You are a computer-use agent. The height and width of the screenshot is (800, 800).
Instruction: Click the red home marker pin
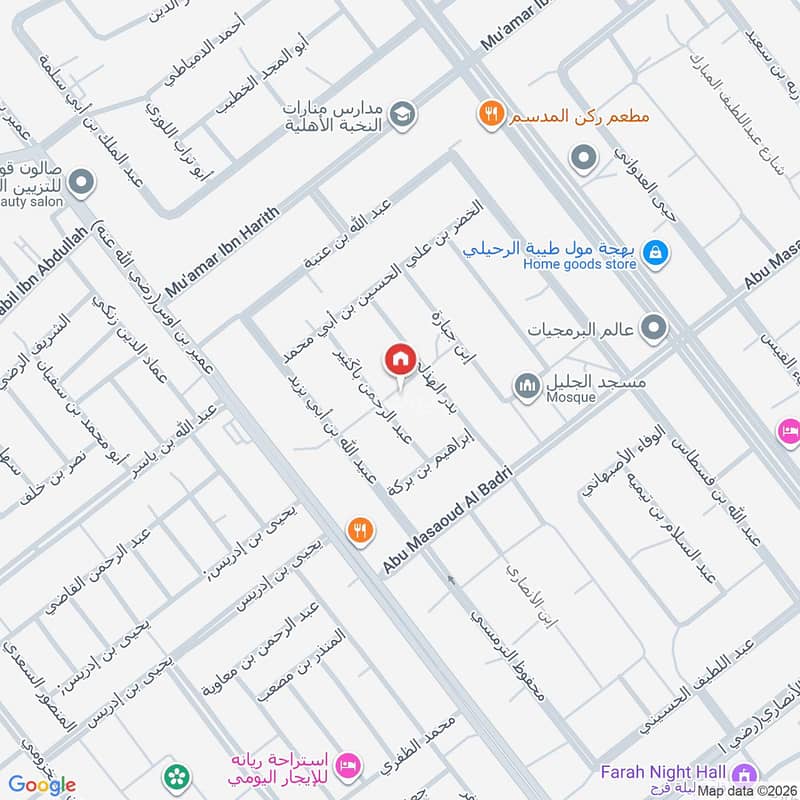pyautogui.click(x=400, y=358)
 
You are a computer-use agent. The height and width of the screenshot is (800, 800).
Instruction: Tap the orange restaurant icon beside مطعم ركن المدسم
pyautogui.click(x=488, y=113)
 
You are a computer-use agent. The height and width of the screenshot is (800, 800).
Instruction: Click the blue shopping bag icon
pyautogui.click(x=654, y=252)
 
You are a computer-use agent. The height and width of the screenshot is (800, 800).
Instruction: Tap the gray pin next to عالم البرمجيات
pyautogui.click(x=654, y=327)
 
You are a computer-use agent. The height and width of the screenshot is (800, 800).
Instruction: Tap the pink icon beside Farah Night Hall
pyautogui.click(x=743, y=773)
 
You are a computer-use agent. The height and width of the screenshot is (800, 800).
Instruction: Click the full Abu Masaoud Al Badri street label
pyautogui.click(x=447, y=520)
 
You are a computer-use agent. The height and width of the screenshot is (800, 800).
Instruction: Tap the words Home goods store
pyautogui.click(x=579, y=264)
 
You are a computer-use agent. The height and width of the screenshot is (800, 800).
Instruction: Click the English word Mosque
pyautogui.click(x=571, y=397)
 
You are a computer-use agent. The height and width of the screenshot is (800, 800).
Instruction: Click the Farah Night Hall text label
pyautogui.click(x=664, y=772)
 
